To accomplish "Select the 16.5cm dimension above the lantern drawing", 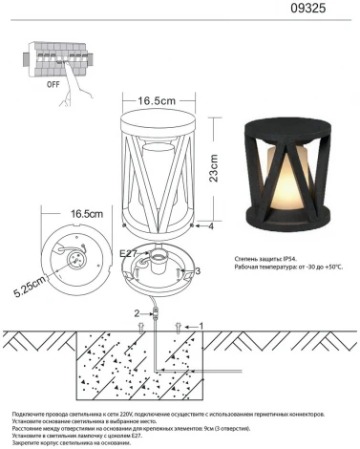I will (x=159, y=99).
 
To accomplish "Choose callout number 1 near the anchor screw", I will (x=200, y=326).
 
